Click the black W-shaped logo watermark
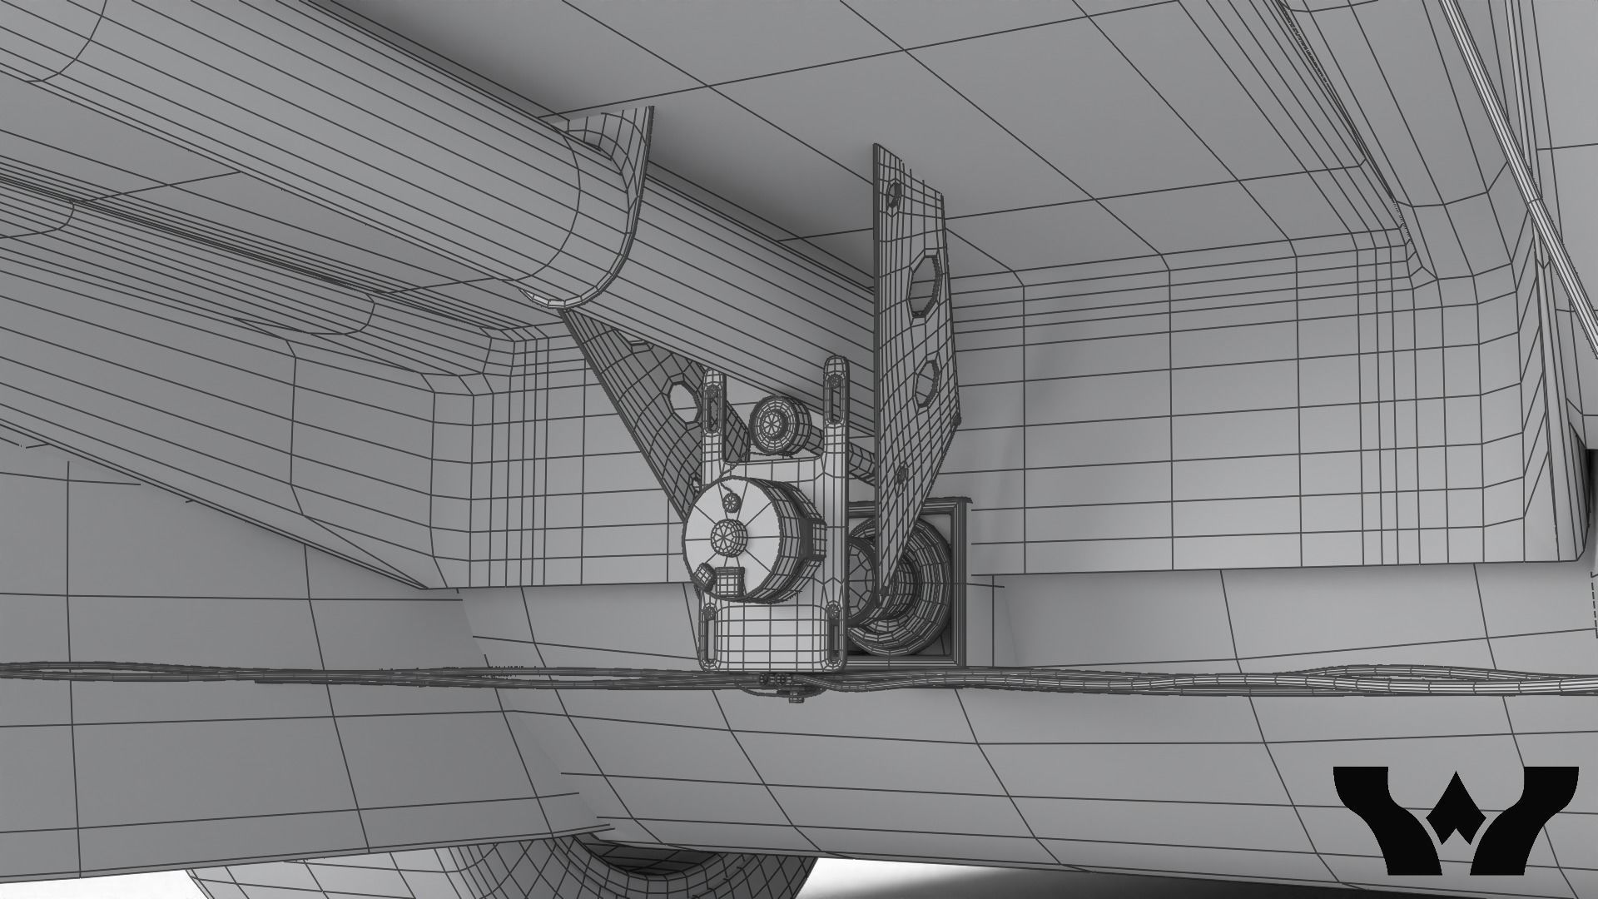1456,819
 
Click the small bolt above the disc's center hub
732,500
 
